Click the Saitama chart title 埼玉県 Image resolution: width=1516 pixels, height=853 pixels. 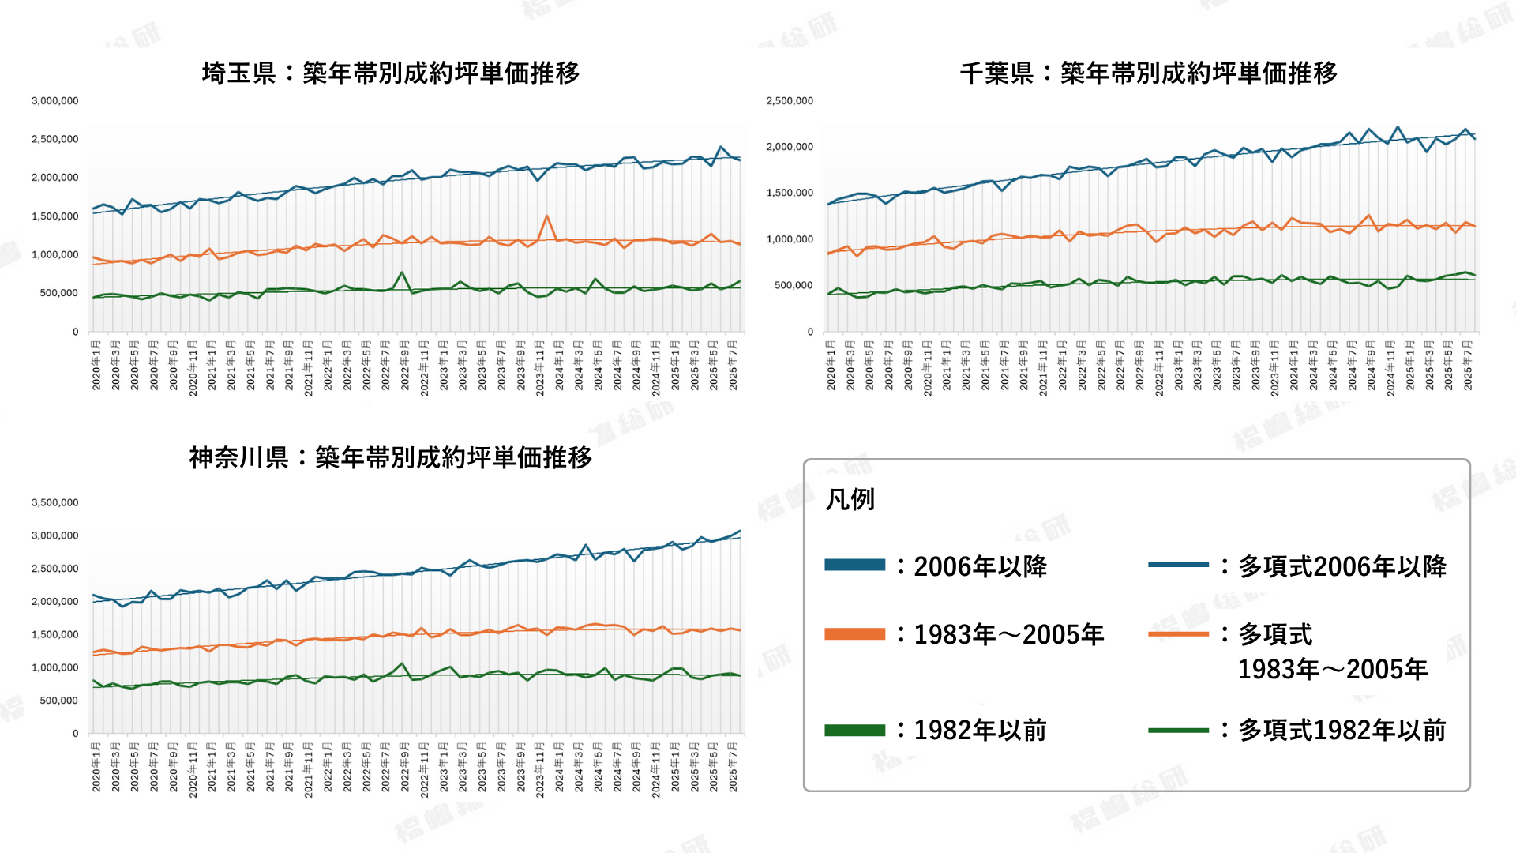[238, 73]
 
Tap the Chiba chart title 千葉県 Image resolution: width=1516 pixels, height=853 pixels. [996, 73]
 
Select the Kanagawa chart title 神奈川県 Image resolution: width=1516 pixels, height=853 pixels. [238, 458]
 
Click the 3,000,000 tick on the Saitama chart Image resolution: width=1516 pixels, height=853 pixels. [55, 101]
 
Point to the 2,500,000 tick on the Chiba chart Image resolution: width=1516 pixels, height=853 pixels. [790, 101]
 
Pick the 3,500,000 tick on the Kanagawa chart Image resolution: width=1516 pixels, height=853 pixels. [55, 502]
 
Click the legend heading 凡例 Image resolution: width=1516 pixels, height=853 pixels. [850, 500]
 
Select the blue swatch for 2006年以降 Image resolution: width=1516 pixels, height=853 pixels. [854, 565]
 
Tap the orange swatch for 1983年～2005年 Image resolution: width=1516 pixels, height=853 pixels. [854, 634]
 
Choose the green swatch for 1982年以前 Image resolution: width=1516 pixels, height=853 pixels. [854, 731]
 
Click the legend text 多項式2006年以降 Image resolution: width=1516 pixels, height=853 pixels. [1342, 566]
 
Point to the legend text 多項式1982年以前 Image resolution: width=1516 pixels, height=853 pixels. [1342, 731]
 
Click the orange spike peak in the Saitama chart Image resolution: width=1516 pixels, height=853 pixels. [546, 216]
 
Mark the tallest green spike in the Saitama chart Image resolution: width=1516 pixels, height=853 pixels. [402, 272]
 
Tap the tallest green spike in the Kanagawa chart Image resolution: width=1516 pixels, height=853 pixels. [402, 663]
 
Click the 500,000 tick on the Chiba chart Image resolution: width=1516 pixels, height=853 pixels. [794, 285]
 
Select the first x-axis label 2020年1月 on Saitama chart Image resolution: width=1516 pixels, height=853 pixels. [96, 365]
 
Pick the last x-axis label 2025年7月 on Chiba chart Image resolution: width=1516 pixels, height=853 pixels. [1468, 365]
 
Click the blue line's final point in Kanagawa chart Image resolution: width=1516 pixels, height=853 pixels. [740, 532]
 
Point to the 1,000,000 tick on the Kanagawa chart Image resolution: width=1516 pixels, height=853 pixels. [55, 667]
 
